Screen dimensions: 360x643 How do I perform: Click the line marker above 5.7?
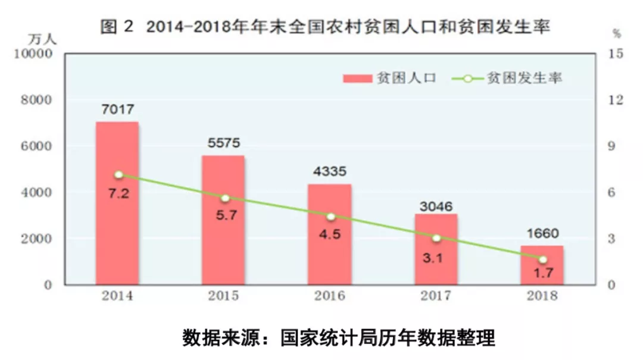click(224, 198)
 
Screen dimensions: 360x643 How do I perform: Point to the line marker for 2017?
click(436, 238)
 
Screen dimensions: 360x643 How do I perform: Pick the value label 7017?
click(118, 109)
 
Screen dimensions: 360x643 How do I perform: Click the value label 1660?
click(542, 233)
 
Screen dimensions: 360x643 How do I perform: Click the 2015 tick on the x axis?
click(224, 296)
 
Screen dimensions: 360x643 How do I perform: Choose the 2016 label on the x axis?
click(330, 296)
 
